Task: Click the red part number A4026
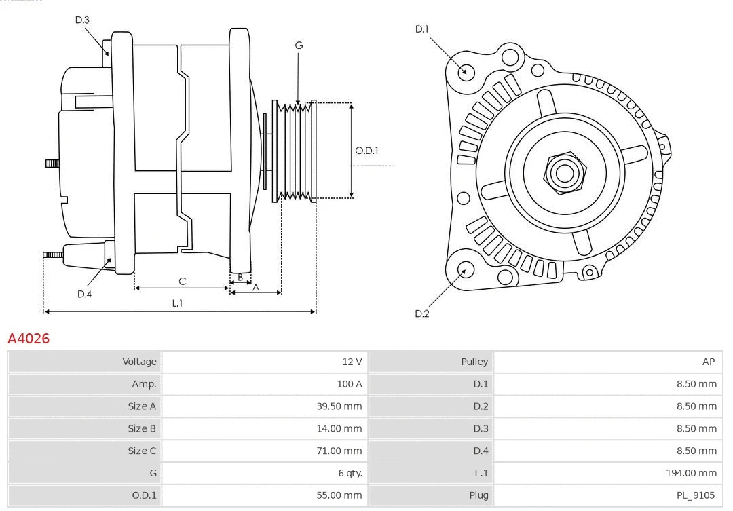point(29,338)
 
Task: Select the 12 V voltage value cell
point(352,362)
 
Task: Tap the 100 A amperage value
point(349,384)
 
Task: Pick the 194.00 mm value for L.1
point(691,474)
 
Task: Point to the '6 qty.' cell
point(349,474)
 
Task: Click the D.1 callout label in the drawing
point(421,29)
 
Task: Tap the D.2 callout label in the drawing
point(421,314)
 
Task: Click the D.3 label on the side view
point(82,20)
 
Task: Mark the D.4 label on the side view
point(84,294)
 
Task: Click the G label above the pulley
point(299,45)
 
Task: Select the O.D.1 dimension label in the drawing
point(366,151)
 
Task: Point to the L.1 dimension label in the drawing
point(177,303)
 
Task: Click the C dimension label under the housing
point(182,281)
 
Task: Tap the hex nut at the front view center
point(564,172)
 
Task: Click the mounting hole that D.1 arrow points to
point(466,71)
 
